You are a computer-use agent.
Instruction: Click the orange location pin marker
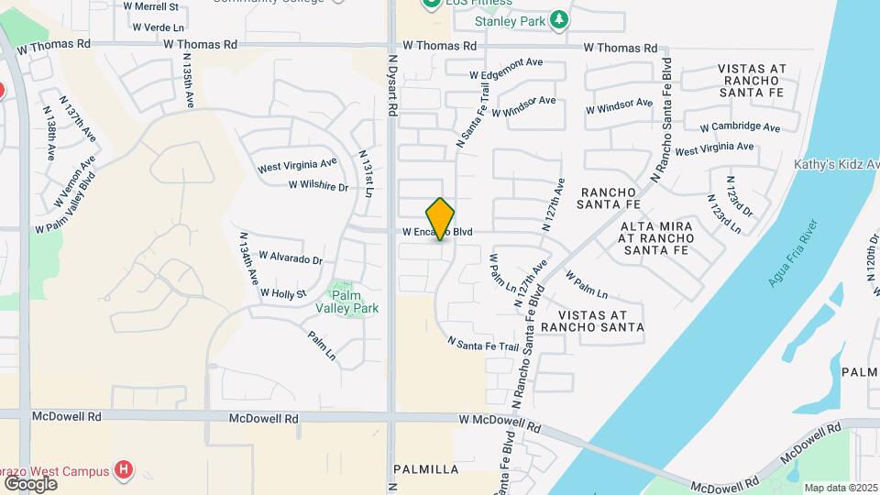pyautogui.click(x=440, y=219)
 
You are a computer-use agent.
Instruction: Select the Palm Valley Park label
pyautogui.click(x=346, y=302)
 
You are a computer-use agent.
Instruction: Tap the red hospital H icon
pyautogui.click(x=125, y=471)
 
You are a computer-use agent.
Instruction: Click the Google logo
pyautogui.click(x=30, y=483)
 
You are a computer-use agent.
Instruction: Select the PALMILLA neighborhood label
pyautogui.click(x=425, y=469)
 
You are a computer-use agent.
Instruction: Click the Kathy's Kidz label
pyautogui.click(x=836, y=164)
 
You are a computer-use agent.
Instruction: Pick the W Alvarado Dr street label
pyautogui.click(x=291, y=259)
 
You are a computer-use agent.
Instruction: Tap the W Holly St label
pyautogui.click(x=282, y=293)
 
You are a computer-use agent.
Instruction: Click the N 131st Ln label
pyautogui.click(x=367, y=173)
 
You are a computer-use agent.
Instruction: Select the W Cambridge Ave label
pyautogui.click(x=739, y=127)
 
